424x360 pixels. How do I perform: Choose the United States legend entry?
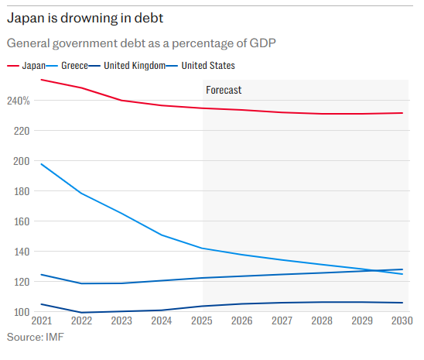click(207, 66)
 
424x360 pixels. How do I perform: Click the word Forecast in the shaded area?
click(224, 90)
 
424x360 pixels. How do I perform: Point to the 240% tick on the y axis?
click(19, 101)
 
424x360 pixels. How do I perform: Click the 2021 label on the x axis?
click(41, 321)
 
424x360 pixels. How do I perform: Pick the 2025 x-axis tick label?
click(203, 321)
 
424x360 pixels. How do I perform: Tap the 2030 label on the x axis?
click(401, 321)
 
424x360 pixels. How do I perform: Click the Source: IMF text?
click(35, 338)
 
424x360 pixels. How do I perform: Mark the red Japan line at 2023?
click(122, 101)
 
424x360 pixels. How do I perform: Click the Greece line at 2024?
click(162, 235)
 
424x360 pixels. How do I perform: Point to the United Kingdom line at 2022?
click(82, 313)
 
